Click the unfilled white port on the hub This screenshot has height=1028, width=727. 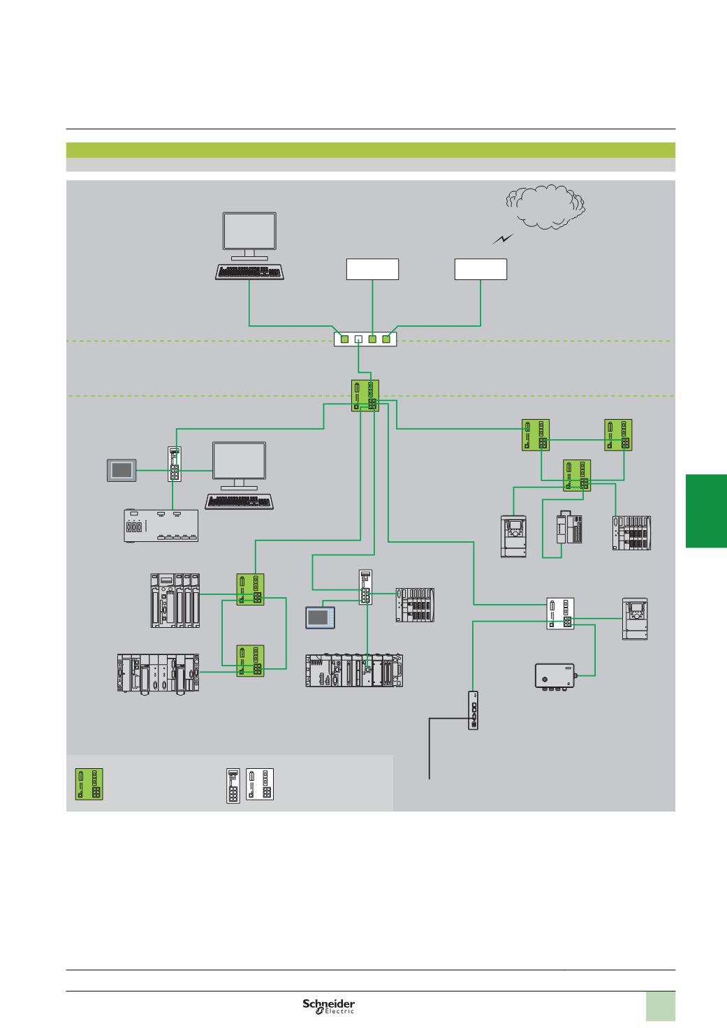click(358, 339)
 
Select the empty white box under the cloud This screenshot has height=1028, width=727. click(480, 270)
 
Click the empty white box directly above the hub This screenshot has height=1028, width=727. click(373, 270)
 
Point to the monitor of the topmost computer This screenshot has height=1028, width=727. click(249, 231)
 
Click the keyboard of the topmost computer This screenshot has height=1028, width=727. click(250, 272)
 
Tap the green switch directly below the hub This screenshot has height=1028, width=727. click(365, 395)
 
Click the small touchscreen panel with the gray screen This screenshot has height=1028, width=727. click(120, 470)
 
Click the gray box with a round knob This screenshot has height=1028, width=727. click(555, 676)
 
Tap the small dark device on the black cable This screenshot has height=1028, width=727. click(474, 710)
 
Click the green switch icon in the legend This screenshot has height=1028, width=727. click(89, 784)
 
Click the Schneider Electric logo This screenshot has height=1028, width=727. click(329, 1006)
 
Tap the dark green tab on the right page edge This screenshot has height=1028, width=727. click(706, 511)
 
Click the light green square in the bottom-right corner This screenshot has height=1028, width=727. click(661, 1007)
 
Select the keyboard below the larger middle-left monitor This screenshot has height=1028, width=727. click(239, 501)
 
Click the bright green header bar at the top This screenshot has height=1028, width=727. click(370, 150)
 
